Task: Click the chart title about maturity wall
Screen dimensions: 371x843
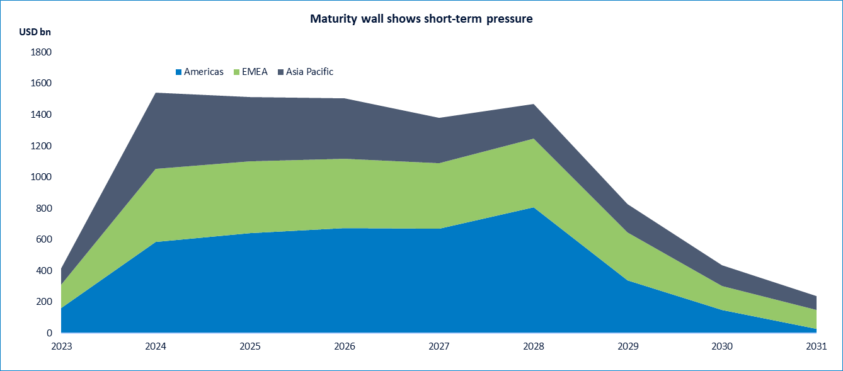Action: click(421, 19)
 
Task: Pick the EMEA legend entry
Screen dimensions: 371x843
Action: click(255, 72)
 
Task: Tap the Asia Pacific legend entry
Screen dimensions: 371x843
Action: click(309, 72)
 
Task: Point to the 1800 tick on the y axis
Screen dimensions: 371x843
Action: click(40, 52)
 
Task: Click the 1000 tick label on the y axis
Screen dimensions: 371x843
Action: click(40, 177)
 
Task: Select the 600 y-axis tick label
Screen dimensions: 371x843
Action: click(43, 239)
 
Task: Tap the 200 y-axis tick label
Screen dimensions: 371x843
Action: click(43, 302)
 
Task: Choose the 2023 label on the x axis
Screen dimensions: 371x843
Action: click(61, 346)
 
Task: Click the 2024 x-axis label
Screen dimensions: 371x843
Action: click(156, 346)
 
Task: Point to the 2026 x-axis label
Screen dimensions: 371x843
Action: click(345, 346)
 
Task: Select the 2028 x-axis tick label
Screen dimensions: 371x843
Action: click(534, 346)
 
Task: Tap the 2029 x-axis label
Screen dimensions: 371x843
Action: click(628, 346)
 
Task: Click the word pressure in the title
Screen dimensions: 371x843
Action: click(508, 19)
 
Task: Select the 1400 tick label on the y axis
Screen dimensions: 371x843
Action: click(40, 115)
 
